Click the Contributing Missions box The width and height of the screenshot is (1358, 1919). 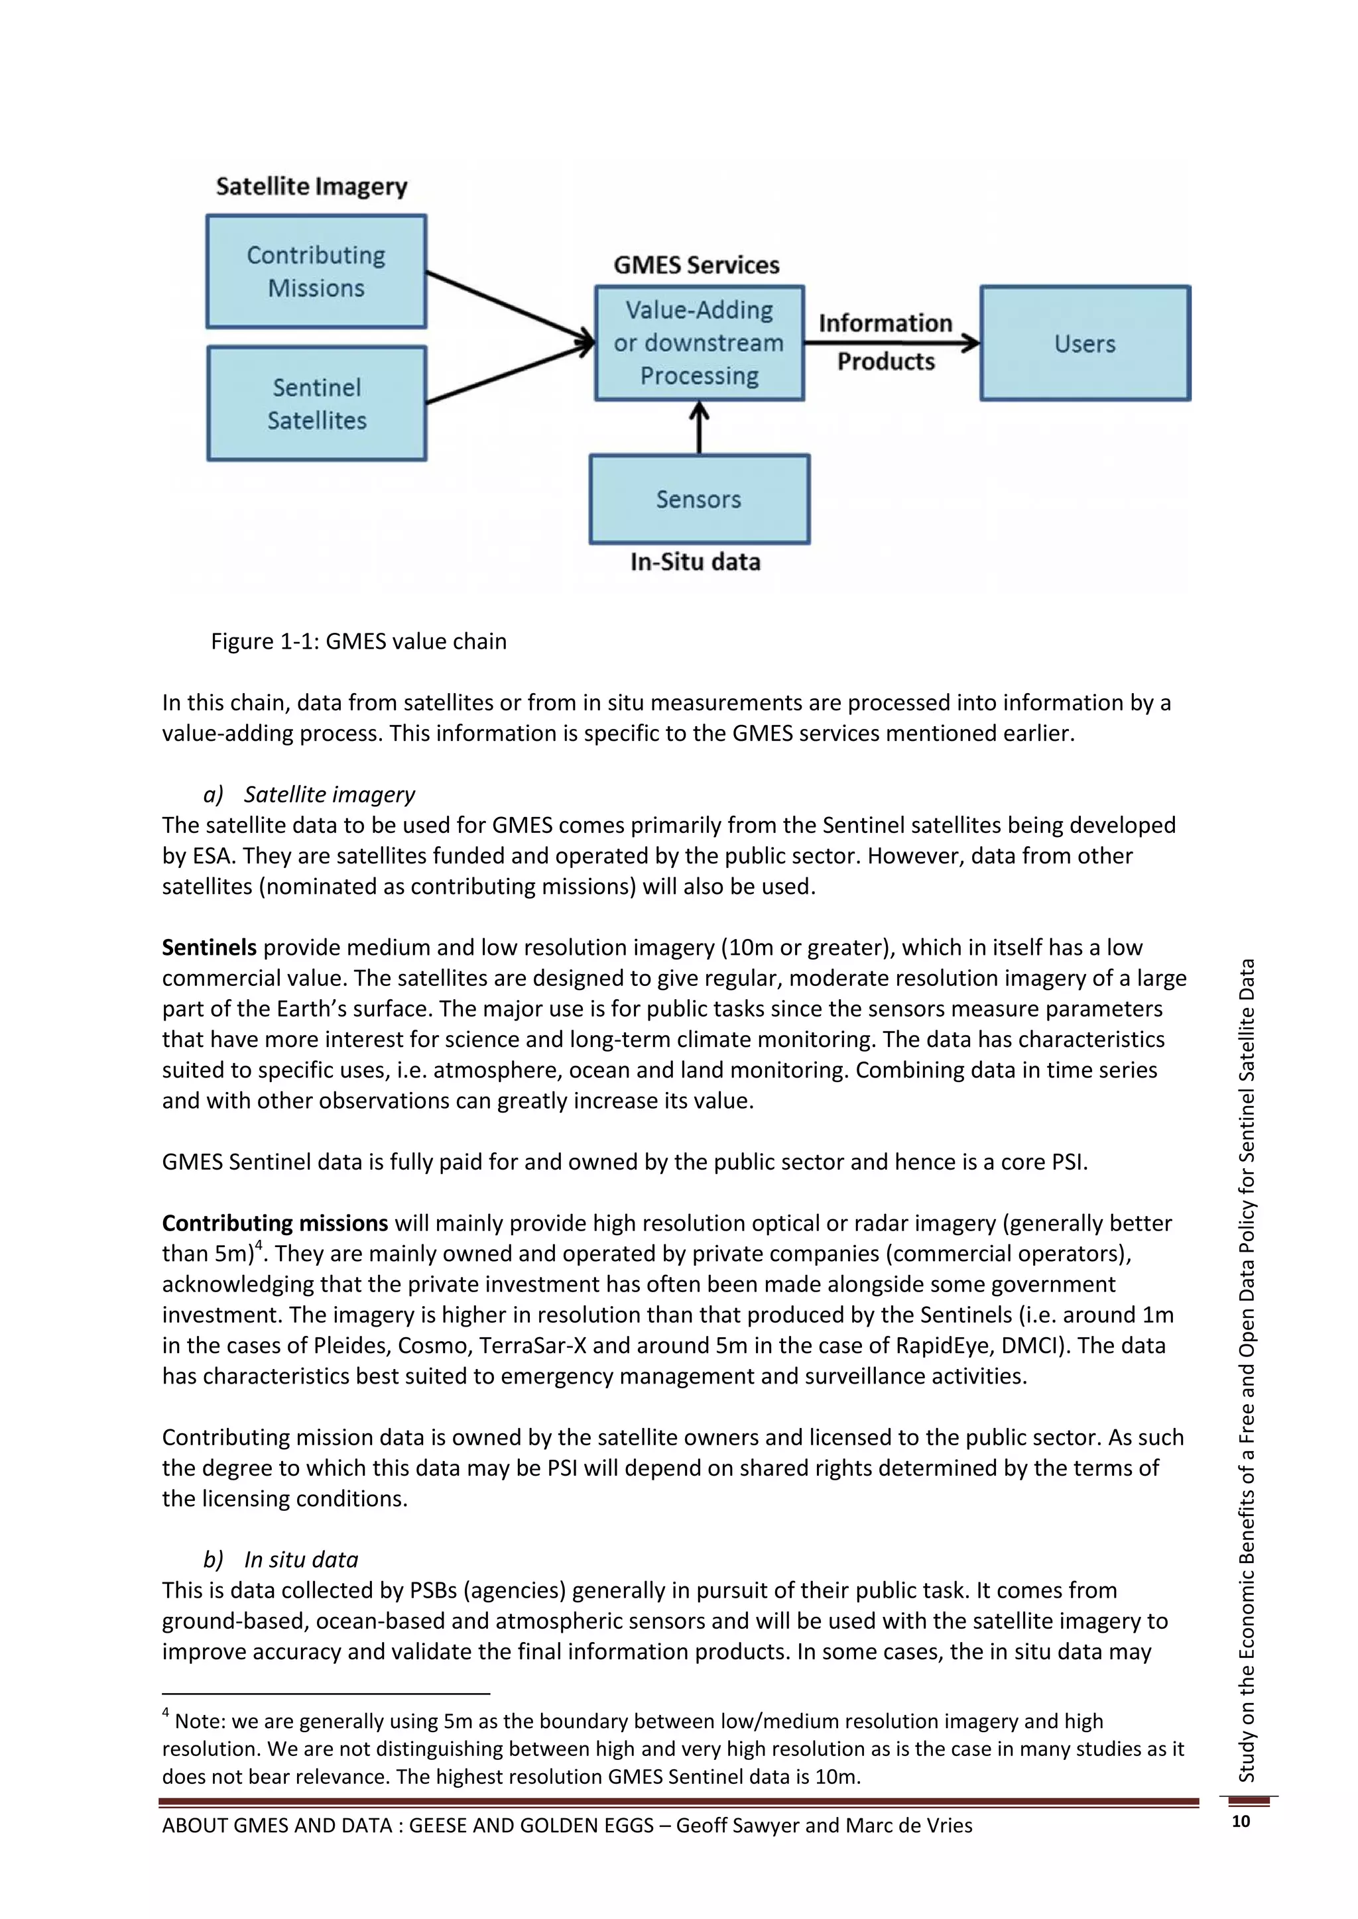316,272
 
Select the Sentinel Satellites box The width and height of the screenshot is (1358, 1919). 316,404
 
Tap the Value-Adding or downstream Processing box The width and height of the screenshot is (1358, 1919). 699,343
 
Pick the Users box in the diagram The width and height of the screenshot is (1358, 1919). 1085,343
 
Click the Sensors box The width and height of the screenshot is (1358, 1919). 699,499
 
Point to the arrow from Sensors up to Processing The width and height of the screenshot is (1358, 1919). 699,428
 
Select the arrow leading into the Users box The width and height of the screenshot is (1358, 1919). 891,342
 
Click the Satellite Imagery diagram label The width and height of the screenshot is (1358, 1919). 311,186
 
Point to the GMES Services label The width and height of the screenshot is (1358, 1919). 696,266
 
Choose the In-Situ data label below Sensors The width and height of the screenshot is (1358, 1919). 695,562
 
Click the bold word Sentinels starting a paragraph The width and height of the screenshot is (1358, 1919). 209,947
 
